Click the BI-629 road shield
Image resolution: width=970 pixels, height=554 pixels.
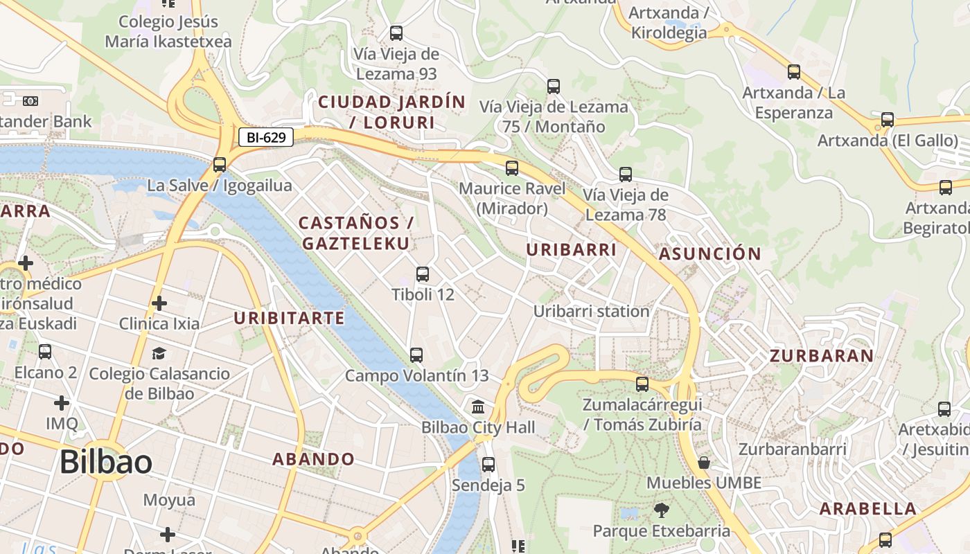[x=266, y=137]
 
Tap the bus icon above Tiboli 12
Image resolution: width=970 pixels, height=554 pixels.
[x=423, y=274]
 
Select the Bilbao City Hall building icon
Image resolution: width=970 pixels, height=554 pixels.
[x=478, y=406]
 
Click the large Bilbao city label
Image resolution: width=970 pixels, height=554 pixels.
[x=105, y=462]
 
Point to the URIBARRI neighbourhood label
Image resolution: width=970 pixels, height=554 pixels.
[x=572, y=250]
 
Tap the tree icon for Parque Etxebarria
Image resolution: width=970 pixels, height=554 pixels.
[x=662, y=511]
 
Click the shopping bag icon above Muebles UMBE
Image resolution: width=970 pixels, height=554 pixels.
[x=704, y=463]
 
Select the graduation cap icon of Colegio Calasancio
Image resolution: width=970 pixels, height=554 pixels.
[x=159, y=353]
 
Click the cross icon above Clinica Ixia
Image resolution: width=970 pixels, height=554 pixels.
[x=159, y=303]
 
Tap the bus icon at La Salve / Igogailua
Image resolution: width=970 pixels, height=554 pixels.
[x=220, y=165]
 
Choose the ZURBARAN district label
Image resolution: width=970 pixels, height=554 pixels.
[x=822, y=356]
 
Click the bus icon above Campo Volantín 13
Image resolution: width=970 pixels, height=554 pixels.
[x=416, y=355]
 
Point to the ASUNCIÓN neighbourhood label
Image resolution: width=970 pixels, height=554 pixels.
[x=710, y=253]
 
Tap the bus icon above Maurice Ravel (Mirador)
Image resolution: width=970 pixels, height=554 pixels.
[x=512, y=168]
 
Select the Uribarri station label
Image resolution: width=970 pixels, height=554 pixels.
[x=591, y=312]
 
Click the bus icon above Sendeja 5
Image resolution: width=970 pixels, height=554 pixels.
[x=488, y=465]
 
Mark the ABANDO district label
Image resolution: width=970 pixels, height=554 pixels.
[x=313, y=459]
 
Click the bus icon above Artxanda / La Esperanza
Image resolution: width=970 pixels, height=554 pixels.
[x=794, y=71]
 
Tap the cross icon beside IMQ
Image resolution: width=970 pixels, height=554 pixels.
[x=62, y=402]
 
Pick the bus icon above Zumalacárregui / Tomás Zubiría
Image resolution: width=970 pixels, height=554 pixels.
[x=642, y=384]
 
